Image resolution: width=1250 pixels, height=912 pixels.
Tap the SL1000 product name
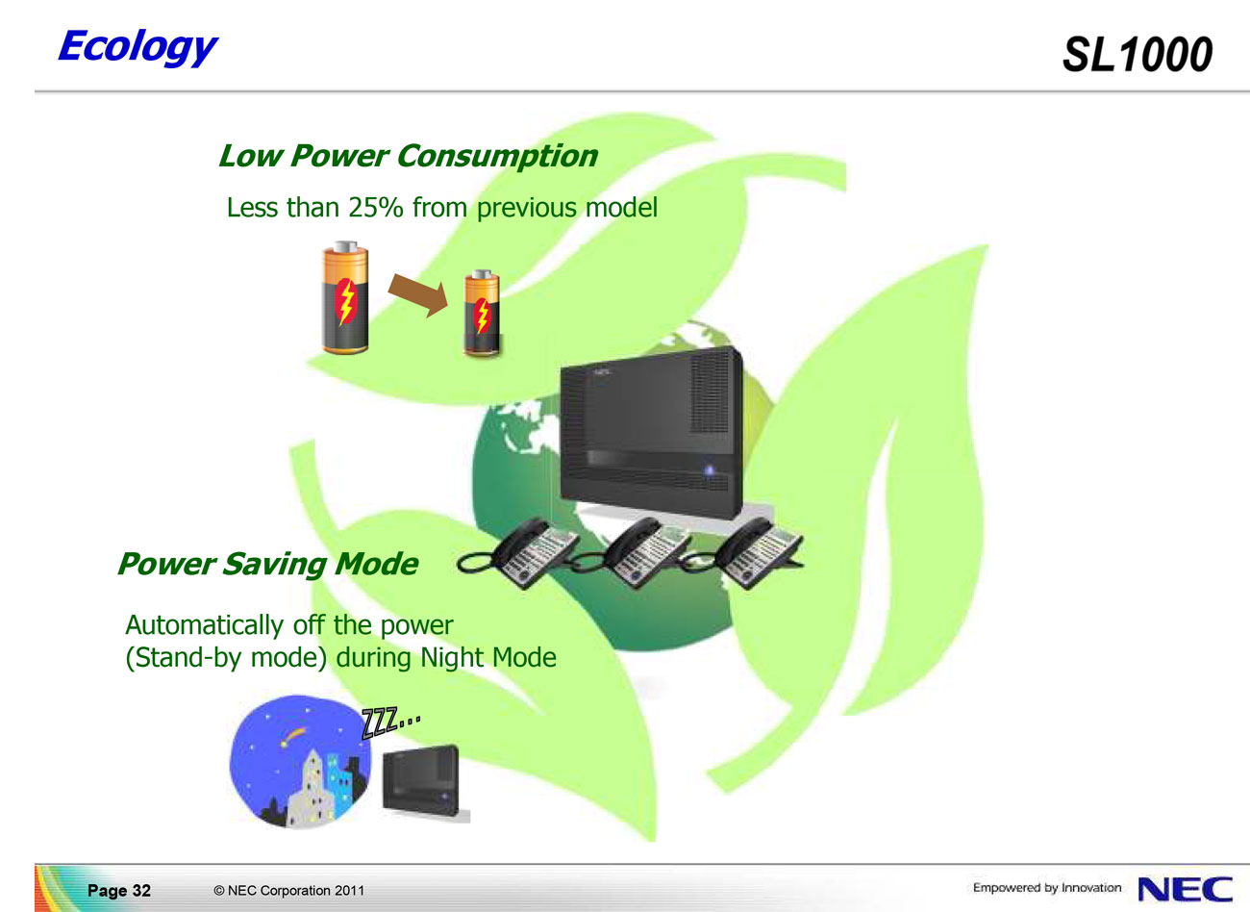coord(1137,55)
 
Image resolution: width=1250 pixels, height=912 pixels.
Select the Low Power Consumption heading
coord(408,155)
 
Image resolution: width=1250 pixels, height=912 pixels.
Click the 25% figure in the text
coord(376,207)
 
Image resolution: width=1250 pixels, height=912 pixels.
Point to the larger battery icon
coord(345,297)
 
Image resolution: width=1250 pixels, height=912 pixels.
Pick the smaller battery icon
coord(482,313)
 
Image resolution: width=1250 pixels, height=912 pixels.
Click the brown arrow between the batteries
coord(418,295)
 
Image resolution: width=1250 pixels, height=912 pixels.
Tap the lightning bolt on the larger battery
coord(346,301)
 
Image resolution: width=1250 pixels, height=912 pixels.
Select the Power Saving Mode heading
coord(268,564)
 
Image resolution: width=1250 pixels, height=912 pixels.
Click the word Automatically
coord(205,625)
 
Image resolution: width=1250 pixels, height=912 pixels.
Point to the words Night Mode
coord(488,657)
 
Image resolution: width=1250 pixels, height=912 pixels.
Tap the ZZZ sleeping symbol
coord(390,722)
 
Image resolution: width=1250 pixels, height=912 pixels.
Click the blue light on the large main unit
coord(710,470)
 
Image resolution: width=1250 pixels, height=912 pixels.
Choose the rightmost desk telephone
coord(759,552)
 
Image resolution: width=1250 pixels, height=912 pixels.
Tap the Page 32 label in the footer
coord(119,890)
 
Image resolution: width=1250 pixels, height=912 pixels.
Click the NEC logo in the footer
coord(1186,889)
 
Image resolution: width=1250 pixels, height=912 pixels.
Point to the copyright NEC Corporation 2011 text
coord(289,890)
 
